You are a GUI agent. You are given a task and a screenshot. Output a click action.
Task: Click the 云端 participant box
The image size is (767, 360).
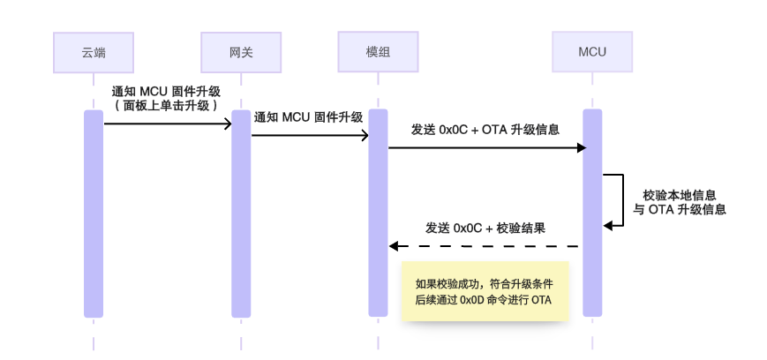[x=94, y=52]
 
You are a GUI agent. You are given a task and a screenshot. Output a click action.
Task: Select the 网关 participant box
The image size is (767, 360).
[x=241, y=52]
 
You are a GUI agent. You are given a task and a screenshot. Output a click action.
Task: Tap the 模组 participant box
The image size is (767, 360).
[x=379, y=52]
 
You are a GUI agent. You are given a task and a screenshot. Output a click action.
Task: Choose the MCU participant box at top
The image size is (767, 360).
[x=592, y=52]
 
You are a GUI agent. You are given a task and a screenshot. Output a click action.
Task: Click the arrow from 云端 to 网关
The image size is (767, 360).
[x=168, y=124]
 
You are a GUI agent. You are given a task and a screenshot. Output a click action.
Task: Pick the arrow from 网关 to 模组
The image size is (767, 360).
[x=310, y=136]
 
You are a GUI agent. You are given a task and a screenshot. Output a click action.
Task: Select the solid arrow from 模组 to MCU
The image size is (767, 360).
[x=485, y=148]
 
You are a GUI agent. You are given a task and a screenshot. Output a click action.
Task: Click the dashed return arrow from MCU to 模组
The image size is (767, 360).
[x=485, y=246]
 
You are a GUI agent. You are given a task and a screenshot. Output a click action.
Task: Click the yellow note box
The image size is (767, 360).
[x=484, y=291]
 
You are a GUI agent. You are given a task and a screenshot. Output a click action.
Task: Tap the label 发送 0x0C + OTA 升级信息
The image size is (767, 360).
[x=485, y=130]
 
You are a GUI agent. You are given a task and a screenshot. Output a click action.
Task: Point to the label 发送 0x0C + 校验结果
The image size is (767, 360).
[x=485, y=228]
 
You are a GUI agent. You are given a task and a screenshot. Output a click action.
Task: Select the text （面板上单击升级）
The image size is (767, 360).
[x=167, y=105]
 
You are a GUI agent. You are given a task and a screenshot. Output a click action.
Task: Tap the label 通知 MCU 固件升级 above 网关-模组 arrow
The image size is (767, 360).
[x=308, y=117]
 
